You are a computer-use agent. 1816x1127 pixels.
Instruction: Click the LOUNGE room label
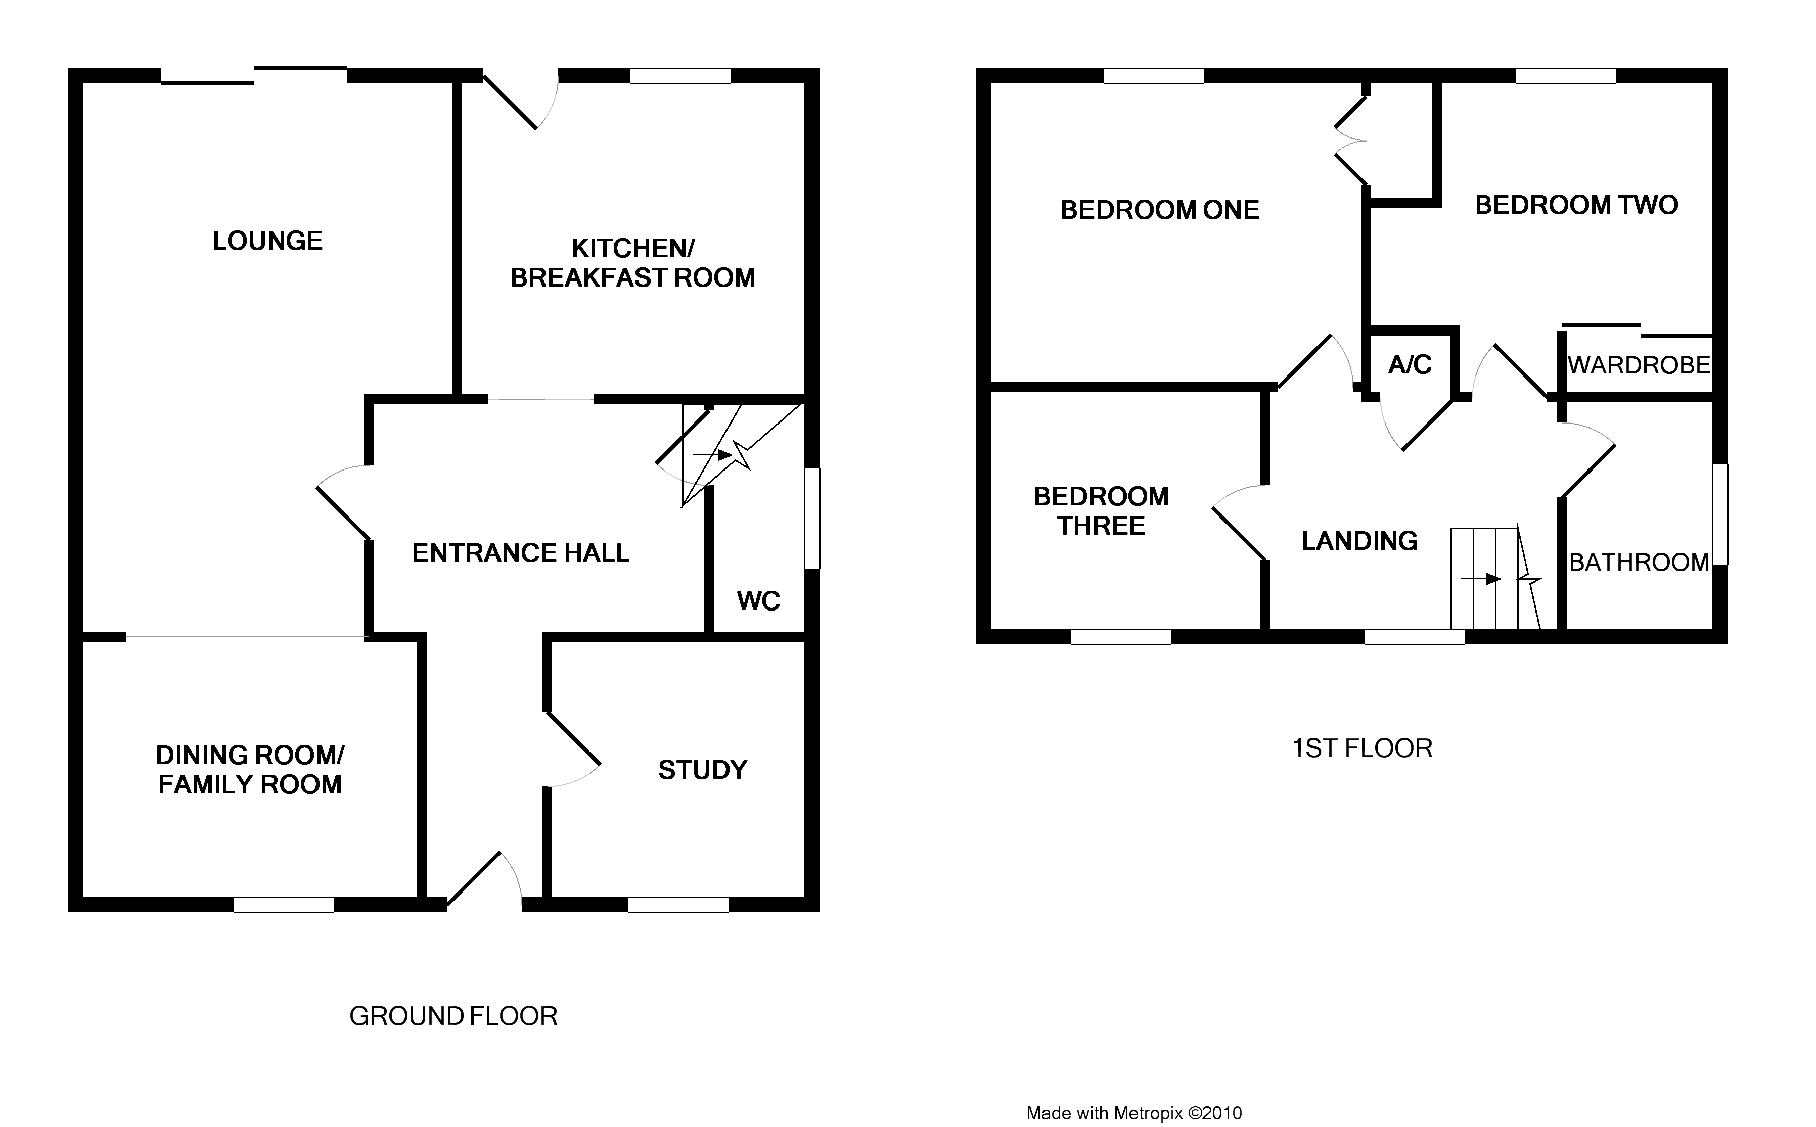pos(267,241)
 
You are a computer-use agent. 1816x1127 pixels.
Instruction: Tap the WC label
pos(758,601)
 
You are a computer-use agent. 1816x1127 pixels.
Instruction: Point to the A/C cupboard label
pos(1410,364)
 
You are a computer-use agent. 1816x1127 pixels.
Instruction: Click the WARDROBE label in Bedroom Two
pos(1639,365)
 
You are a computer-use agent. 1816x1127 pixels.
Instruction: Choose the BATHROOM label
pos(1639,562)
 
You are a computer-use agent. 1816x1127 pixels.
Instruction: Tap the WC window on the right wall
pos(812,518)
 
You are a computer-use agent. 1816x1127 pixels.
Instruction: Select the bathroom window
pos(1720,514)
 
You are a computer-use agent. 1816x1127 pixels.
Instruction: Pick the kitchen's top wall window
pos(680,76)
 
